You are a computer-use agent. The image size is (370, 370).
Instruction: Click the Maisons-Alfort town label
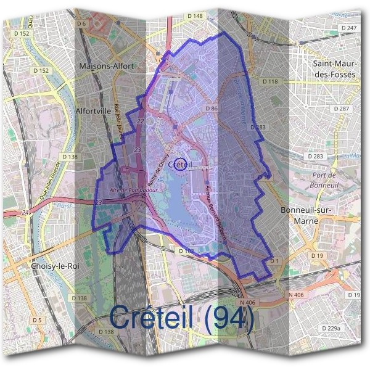(x=107, y=65)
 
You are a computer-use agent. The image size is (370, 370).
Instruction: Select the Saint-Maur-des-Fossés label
(x=335, y=68)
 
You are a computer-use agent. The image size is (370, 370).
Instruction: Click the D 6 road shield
(x=82, y=23)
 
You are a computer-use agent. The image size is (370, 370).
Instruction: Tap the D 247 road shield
(x=349, y=28)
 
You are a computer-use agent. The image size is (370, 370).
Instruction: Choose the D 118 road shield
(x=270, y=81)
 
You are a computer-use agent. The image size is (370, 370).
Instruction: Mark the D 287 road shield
(x=342, y=109)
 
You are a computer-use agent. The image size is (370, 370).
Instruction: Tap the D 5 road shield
(x=38, y=320)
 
